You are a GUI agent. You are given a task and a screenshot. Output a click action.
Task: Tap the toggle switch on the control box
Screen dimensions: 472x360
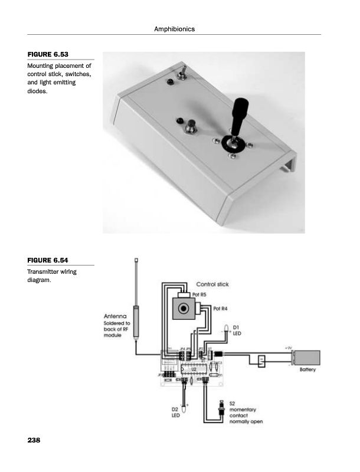coord(182,73)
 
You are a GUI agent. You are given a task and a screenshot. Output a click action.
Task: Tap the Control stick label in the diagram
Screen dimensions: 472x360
coord(212,284)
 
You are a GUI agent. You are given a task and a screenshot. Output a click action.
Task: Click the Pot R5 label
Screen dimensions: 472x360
coord(199,294)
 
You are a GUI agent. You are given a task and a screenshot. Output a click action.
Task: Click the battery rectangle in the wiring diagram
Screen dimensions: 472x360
coord(307,358)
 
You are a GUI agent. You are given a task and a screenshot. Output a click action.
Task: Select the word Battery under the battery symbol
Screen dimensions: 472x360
coord(307,370)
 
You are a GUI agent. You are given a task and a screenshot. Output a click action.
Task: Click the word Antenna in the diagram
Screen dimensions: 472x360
coord(116,316)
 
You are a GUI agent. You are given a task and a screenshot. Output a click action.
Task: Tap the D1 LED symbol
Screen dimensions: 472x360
coord(227,330)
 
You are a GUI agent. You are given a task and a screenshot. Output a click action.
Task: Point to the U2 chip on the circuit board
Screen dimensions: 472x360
coord(193,369)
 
